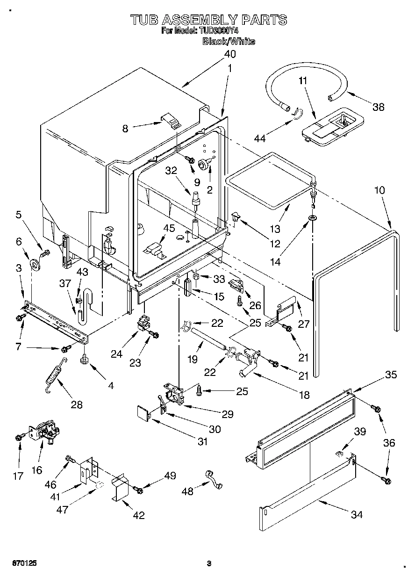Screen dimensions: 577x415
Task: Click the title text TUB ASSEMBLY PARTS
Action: (208, 20)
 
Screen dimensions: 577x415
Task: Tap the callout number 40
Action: (229, 54)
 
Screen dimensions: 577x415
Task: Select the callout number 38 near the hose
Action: (378, 107)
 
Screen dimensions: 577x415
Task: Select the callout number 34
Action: (357, 514)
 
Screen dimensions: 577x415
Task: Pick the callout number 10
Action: (379, 190)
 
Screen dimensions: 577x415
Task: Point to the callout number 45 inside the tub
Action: (169, 228)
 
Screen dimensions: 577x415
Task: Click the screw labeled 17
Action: (19, 437)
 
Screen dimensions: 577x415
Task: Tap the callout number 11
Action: (303, 80)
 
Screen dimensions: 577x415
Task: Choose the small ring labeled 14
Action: (312, 219)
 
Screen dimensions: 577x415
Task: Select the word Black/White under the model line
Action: (229, 42)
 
